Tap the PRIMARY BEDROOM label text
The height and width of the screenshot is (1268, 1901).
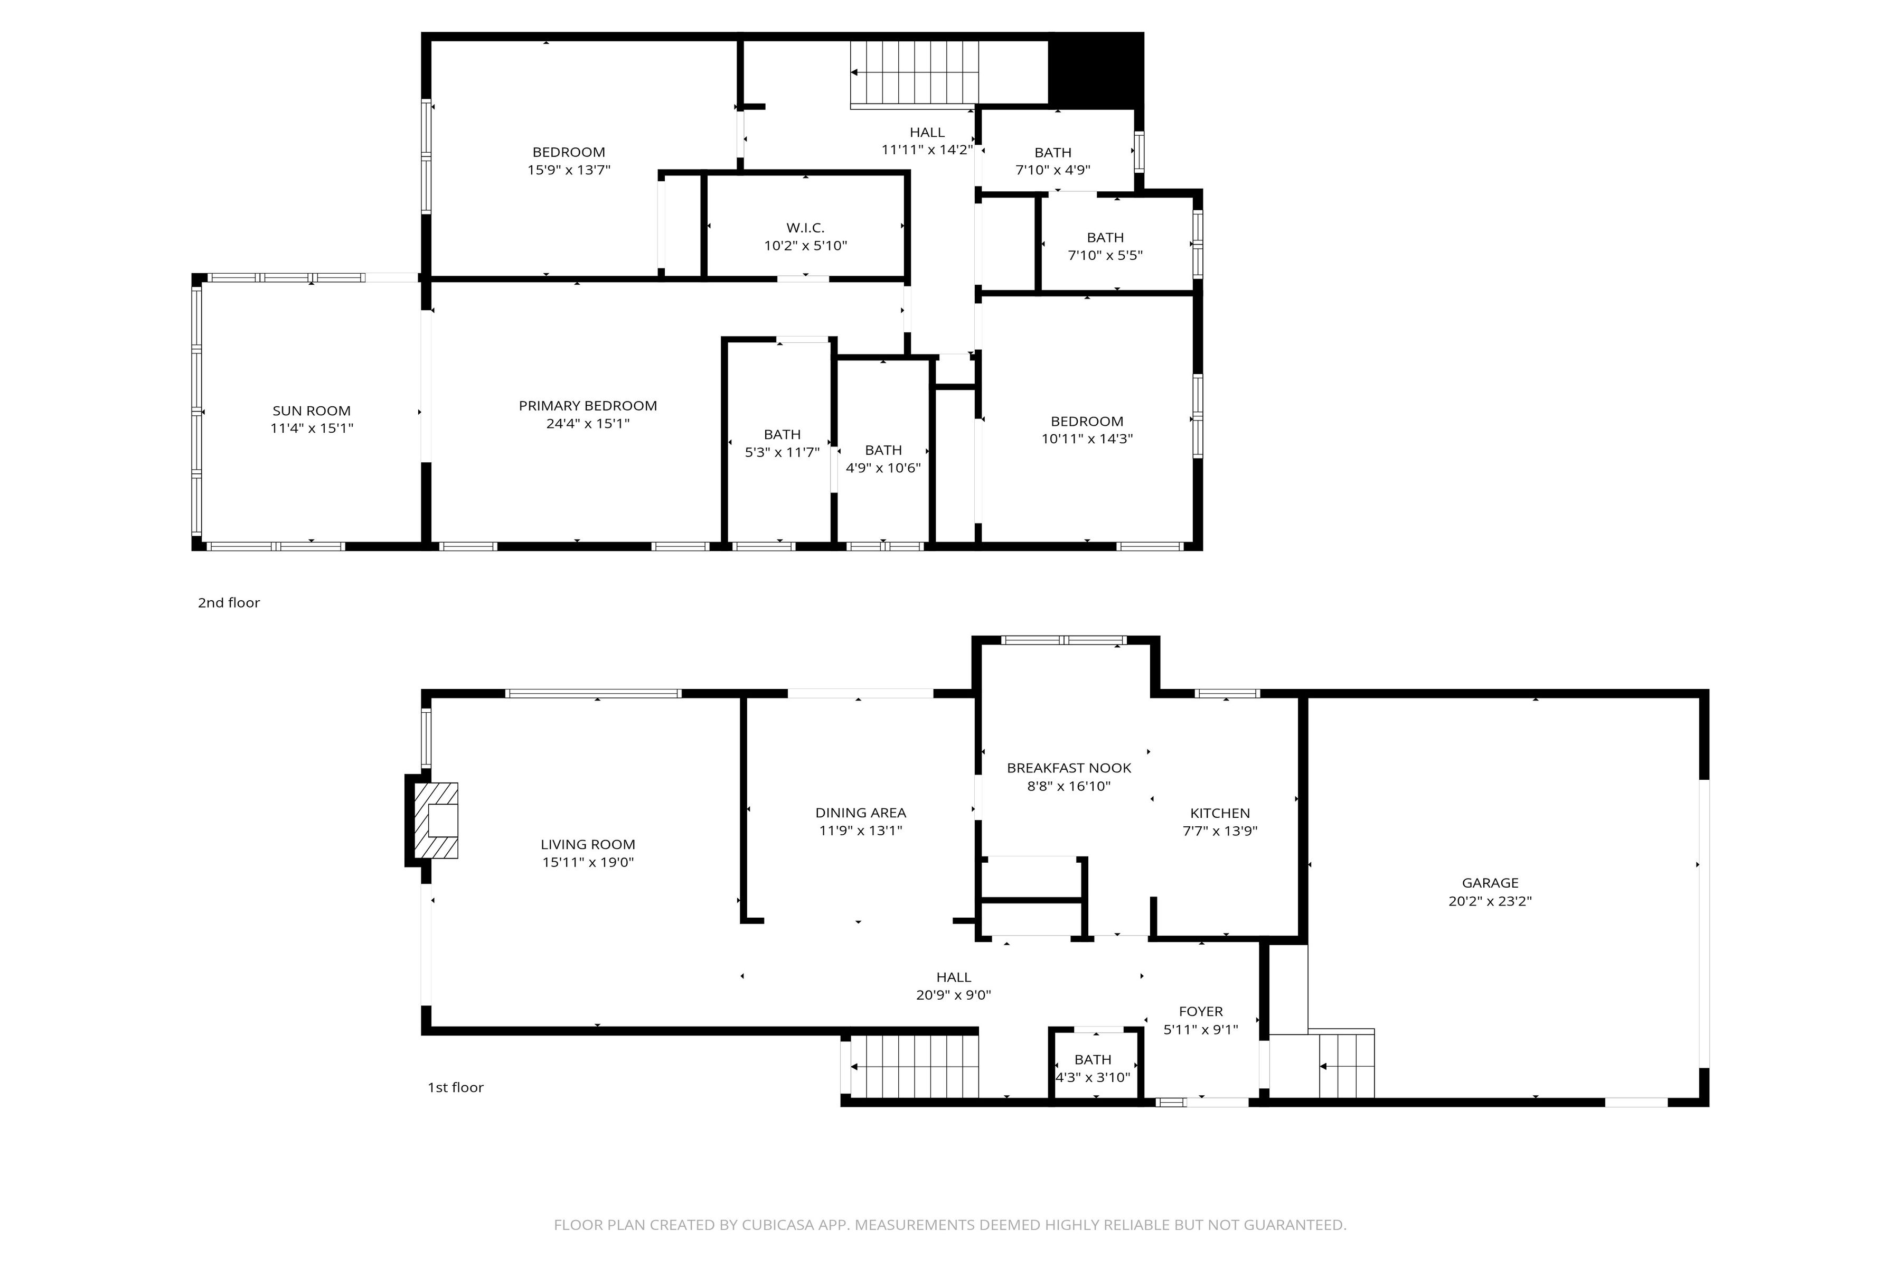[x=588, y=406]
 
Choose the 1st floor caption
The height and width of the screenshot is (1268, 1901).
[x=455, y=1088]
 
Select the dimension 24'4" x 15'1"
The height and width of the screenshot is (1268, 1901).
[x=588, y=424]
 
